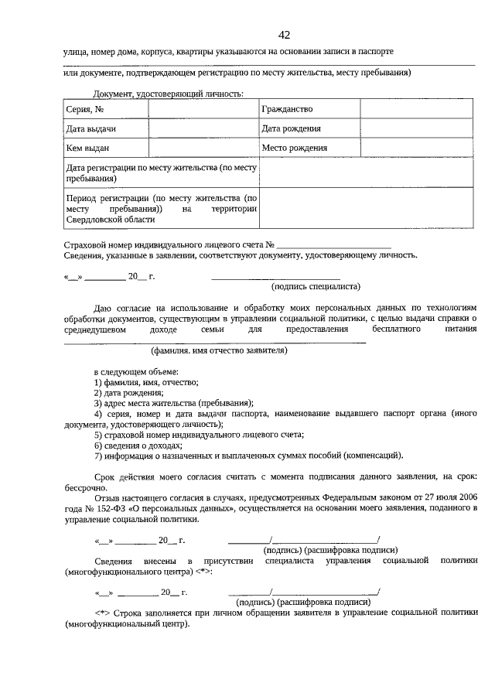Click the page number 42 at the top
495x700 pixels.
click(x=284, y=35)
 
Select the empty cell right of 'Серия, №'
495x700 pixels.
click(x=202, y=110)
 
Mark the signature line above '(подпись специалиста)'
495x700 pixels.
click(x=275, y=277)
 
